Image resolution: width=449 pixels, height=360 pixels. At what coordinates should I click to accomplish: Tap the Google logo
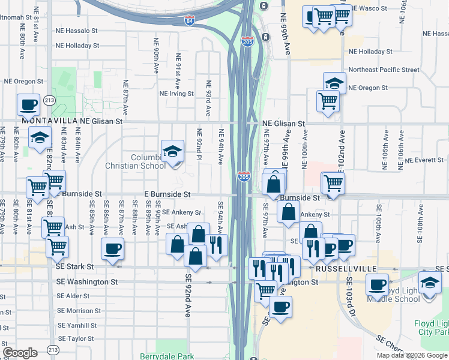(x=20, y=352)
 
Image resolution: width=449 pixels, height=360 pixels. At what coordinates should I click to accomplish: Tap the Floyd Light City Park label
(x=432, y=328)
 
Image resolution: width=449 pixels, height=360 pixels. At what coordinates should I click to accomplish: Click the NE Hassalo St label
(x=76, y=30)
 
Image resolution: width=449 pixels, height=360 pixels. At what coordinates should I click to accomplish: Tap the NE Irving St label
(x=176, y=94)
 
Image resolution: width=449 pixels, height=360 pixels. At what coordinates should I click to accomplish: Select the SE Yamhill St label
(x=77, y=325)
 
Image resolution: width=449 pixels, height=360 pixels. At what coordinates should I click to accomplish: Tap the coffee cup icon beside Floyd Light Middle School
(x=377, y=285)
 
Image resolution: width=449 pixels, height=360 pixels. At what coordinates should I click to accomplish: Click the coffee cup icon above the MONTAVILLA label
(x=29, y=105)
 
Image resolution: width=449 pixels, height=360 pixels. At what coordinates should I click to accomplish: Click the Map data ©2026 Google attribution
(x=412, y=355)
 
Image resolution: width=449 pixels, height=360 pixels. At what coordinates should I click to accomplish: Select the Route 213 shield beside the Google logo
(x=53, y=349)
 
